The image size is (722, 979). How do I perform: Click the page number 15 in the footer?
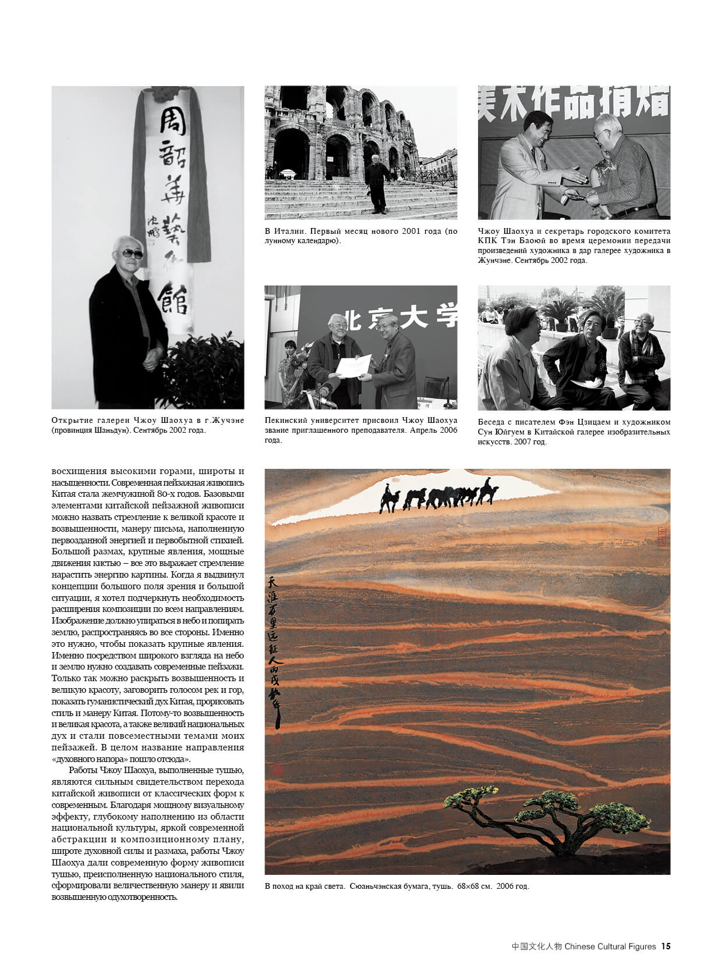coord(666,946)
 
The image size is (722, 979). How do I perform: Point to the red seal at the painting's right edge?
coord(661,536)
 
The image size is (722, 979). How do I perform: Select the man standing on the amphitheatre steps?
coord(376,181)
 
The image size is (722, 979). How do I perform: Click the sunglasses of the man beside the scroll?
coord(132,254)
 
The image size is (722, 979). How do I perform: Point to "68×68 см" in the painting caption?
coord(475,887)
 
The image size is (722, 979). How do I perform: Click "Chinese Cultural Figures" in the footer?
coord(610,946)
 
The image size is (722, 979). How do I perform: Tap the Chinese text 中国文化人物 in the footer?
coord(537,946)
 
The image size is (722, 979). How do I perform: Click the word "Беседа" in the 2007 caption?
coord(493,422)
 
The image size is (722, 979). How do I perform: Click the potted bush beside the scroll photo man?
coord(204,372)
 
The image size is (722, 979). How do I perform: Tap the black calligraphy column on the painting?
coord(274,652)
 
